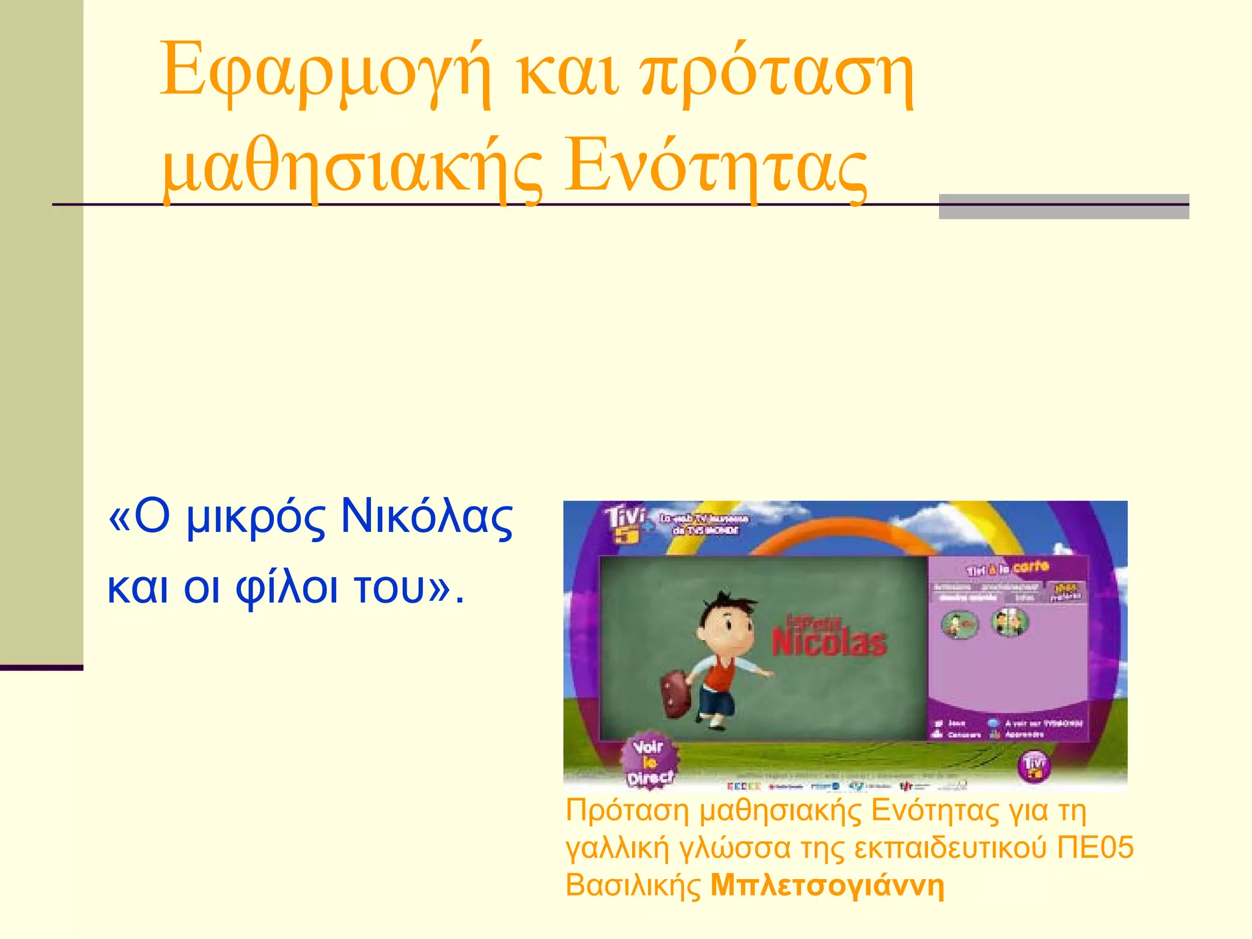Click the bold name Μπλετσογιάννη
[827, 885]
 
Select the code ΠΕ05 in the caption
[1095, 848]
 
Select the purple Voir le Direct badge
[649, 762]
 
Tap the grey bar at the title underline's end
[1063, 207]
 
